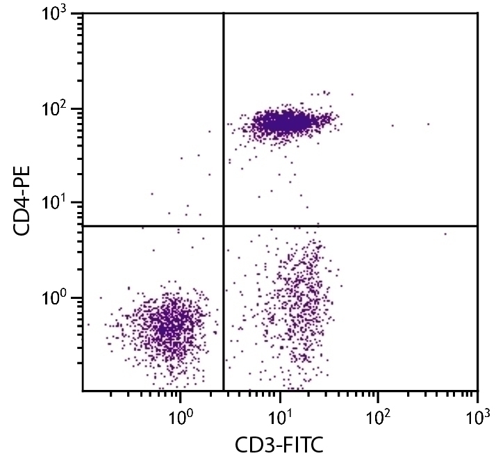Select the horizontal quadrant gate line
tap(347, 226)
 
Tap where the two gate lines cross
tap(223, 226)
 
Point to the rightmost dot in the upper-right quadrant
tap(428, 124)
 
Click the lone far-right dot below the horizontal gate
tap(445, 234)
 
